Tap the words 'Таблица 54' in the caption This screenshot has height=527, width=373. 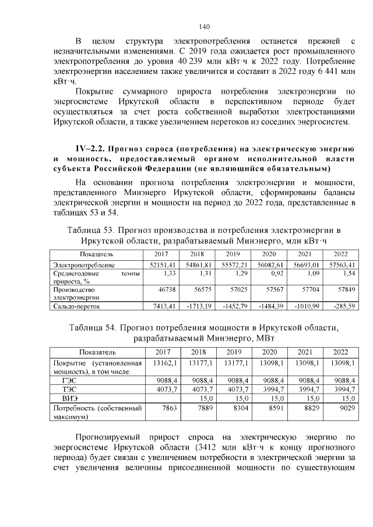click(x=95, y=328)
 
